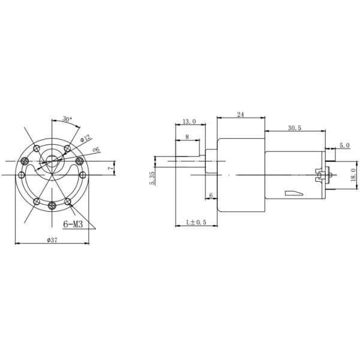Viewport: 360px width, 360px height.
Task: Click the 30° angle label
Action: (x=66, y=119)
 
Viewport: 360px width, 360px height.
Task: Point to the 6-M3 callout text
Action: (x=73, y=225)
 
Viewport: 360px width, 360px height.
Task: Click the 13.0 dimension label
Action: (x=188, y=122)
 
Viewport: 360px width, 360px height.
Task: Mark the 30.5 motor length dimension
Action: (x=294, y=128)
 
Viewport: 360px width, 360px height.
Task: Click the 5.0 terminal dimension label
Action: (x=344, y=145)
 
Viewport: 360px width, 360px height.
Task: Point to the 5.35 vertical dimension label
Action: (x=153, y=178)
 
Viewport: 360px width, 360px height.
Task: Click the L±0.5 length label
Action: (x=195, y=222)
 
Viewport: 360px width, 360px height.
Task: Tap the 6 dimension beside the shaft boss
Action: (x=211, y=196)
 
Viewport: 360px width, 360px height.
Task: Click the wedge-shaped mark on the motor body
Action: (x=295, y=193)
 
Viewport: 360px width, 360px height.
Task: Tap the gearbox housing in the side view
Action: (x=240, y=174)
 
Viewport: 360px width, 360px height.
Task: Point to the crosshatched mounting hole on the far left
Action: (x=25, y=160)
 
